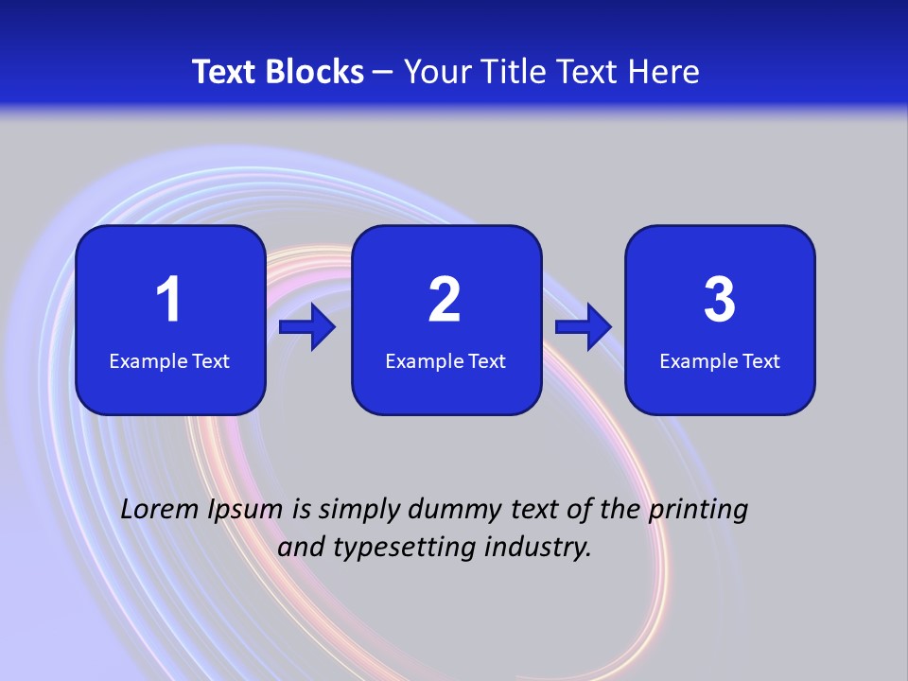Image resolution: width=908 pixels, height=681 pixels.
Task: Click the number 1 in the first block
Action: point(168,300)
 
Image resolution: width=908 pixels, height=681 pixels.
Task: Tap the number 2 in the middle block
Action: point(445,300)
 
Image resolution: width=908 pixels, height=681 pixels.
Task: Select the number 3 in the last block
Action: point(720,300)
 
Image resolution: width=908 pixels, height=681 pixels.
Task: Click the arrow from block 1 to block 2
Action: point(307,327)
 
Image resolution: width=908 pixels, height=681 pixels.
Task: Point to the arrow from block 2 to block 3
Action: point(584,327)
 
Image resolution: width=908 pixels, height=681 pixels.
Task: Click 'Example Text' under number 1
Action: point(169,361)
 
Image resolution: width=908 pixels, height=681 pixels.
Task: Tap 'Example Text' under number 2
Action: point(445,361)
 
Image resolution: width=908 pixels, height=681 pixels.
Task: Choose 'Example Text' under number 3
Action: point(720,361)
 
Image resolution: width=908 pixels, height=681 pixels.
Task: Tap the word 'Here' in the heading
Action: point(663,72)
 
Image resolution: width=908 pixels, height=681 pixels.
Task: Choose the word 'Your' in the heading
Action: point(434,72)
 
